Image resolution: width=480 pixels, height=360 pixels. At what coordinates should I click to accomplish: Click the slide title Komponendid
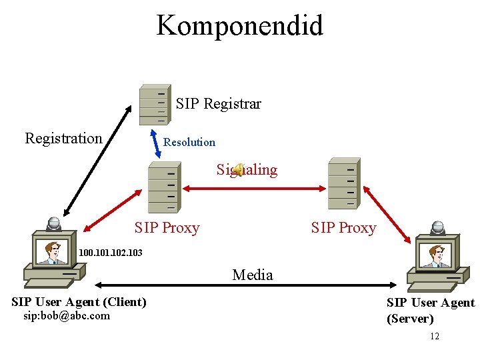239,26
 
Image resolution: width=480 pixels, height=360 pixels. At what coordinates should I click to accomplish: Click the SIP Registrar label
218,103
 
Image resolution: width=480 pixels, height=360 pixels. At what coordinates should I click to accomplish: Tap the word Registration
63,138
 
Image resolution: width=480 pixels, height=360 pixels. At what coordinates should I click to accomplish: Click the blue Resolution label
189,142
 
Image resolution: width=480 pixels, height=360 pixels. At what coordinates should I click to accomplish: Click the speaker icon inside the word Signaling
238,170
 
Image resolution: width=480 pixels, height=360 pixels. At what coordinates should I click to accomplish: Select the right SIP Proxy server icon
344,183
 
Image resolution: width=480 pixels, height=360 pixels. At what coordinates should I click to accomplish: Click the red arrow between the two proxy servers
253,189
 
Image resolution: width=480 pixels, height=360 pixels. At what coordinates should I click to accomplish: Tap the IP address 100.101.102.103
110,253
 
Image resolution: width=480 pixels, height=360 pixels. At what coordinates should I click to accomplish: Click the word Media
252,275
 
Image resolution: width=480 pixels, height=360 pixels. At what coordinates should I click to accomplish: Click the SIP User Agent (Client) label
79,302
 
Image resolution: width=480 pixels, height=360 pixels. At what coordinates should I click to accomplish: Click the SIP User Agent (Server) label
430,311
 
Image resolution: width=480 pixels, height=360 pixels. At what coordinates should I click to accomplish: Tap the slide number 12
434,336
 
